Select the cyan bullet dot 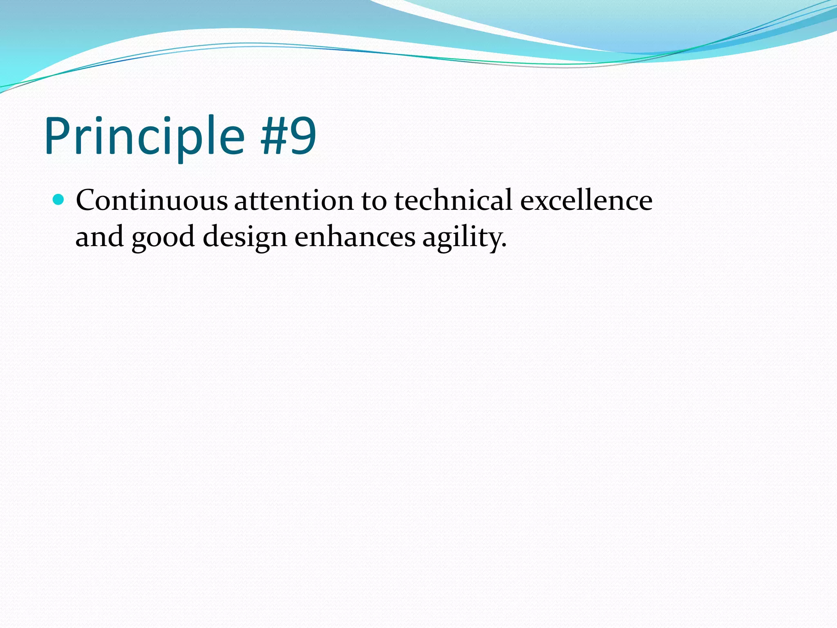[59, 200]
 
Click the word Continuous [152, 200]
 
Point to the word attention [294, 200]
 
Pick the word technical [453, 200]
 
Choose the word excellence [586, 200]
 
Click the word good [163, 237]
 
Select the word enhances [355, 237]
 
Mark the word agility [464, 237]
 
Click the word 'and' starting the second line [100, 237]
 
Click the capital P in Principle [57, 136]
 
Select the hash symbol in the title [273, 136]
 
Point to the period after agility [504, 245]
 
